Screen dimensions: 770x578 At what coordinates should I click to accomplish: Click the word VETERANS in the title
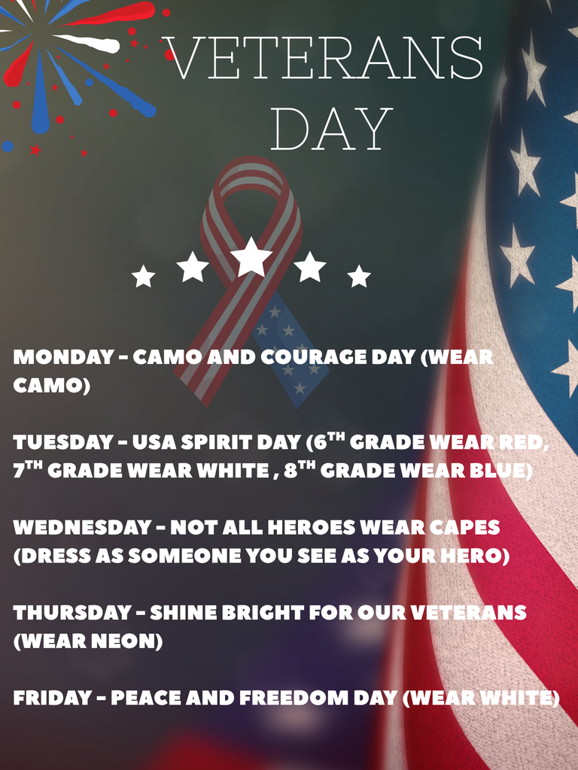pyautogui.click(x=323, y=58)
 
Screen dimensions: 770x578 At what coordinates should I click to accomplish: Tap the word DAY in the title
pyautogui.click(x=331, y=129)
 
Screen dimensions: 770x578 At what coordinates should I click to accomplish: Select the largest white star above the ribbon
pyautogui.click(x=251, y=257)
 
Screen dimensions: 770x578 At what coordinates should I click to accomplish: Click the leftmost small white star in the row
pyautogui.click(x=143, y=277)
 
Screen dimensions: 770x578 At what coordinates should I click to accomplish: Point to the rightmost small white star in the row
pyautogui.click(x=359, y=277)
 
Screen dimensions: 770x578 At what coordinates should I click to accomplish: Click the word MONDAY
pyautogui.click(x=62, y=357)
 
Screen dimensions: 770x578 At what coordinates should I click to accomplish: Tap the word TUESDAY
pyautogui.click(x=62, y=442)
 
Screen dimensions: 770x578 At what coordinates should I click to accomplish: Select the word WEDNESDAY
pyautogui.click(x=82, y=527)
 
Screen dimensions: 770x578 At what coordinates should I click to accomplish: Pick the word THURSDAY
pyautogui.click(x=72, y=613)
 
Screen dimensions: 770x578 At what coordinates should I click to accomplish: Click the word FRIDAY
pyautogui.click(x=52, y=699)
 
